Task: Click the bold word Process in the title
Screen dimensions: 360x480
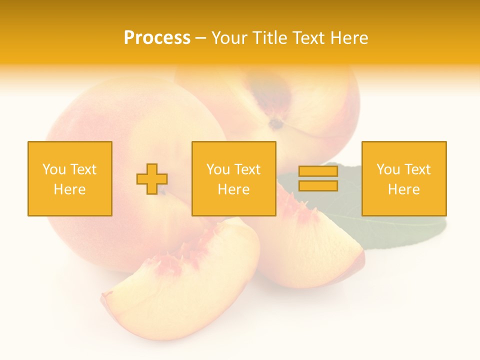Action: point(157,38)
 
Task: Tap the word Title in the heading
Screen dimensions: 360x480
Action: point(268,38)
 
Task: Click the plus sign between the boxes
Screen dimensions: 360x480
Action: point(152,179)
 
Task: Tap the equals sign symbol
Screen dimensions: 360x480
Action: point(318,178)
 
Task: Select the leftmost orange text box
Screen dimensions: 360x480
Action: point(69,178)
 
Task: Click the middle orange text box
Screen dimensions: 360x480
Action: point(233,178)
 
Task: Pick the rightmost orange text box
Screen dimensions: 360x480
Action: point(404,178)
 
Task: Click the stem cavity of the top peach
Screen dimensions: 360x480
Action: point(275,122)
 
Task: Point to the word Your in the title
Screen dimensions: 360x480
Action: point(228,38)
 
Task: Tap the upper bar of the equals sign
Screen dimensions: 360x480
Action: point(318,171)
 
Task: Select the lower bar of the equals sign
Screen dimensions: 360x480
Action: point(318,185)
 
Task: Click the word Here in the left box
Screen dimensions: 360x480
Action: point(69,189)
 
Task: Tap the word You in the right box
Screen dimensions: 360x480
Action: point(388,169)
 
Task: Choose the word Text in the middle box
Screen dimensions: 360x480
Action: point(247,169)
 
